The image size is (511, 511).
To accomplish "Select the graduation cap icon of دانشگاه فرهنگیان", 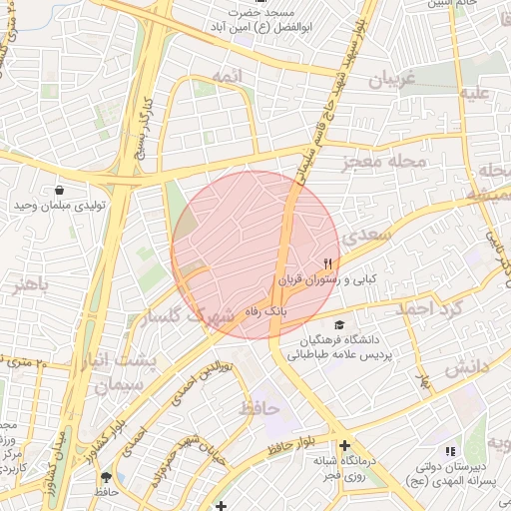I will tap(339, 325).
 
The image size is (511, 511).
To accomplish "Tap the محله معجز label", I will tap(384, 160).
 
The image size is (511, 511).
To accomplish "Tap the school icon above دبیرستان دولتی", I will tap(448, 452).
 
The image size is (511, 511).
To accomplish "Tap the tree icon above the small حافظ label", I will tap(107, 477).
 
